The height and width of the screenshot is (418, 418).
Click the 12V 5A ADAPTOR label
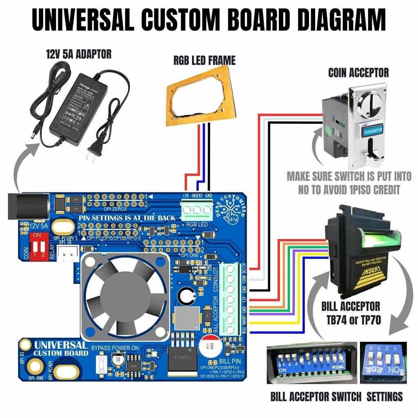[78, 54]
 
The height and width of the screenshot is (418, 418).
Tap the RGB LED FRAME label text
[204, 61]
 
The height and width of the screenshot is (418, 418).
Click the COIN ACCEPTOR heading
[358, 73]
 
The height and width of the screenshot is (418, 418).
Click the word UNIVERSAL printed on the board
[61, 345]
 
